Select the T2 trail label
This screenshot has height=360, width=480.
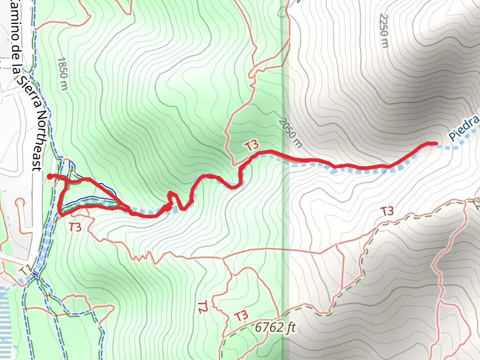coord(202,308)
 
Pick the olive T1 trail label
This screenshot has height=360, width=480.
coord(24,272)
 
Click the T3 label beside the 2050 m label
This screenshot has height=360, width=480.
coord(251,145)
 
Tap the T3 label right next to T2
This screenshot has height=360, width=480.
coord(241,316)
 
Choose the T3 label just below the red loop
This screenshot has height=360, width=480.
coord(75,227)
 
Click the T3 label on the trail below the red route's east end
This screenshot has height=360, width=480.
coord(387,211)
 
